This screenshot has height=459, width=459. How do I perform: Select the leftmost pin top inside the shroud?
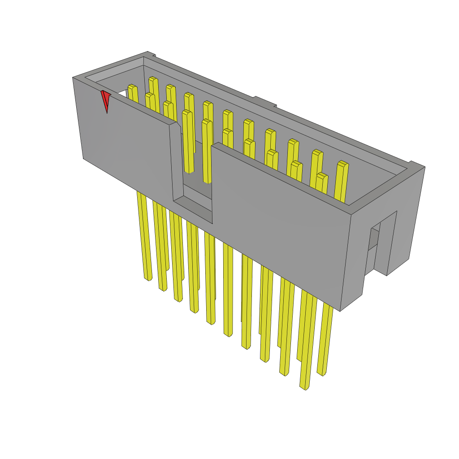(132, 87)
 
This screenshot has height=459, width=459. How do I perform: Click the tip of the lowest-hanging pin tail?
(304, 386)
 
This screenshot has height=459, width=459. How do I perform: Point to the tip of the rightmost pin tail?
(321, 372)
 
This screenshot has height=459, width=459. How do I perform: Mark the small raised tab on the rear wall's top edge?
(264, 101)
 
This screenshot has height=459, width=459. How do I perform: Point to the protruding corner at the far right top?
(417, 165)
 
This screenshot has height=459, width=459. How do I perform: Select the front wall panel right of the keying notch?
(278, 224)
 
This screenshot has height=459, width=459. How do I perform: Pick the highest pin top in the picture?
(153, 79)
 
